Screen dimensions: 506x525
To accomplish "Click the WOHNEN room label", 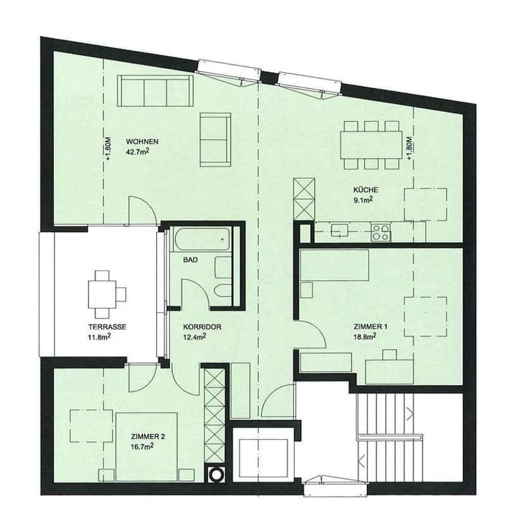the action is pyautogui.click(x=142, y=142).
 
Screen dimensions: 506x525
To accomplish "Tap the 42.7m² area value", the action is pyautogui.click(x=137, y=152).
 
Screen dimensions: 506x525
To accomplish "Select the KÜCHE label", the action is pyautogui.click(x=366, y=190).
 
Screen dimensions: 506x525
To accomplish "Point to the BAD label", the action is pyautogui.click(x=190, y=260).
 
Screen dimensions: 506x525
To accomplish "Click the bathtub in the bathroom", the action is pyautogui.click(x=202, y=239).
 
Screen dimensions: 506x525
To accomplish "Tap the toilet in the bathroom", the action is pyautogui.click(x=223, y=290).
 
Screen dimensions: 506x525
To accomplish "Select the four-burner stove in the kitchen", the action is pyautogui.click(x=381, y=232).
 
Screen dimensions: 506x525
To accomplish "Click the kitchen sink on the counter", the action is pyautogui.click(x=340, y=231).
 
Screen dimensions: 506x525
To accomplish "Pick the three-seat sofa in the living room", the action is pyautogui.click(x=155, y=90).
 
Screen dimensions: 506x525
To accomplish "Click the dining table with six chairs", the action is pyautogui.click(x=371, y=145).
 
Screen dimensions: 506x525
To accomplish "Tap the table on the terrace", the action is pyautogui.click(x=102, y=294).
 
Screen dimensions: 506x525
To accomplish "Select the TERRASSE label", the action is pyautogui.click(x=107, y=327).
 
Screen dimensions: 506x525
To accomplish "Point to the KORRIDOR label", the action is pyautogui.click(x=202, y=327).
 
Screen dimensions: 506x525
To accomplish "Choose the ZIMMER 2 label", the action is pyautogui.click(x=148, y=436).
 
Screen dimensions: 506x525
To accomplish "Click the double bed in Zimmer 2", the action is pyautogui.click(x=146, y=447).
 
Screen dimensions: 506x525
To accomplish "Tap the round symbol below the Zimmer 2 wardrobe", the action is pyautogui.click(x=216, y=474).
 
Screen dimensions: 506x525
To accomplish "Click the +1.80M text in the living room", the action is pyautogui.click(x=108, y=149).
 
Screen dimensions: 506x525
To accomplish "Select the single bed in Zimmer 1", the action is pyautogui.click(x=335, y=265).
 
